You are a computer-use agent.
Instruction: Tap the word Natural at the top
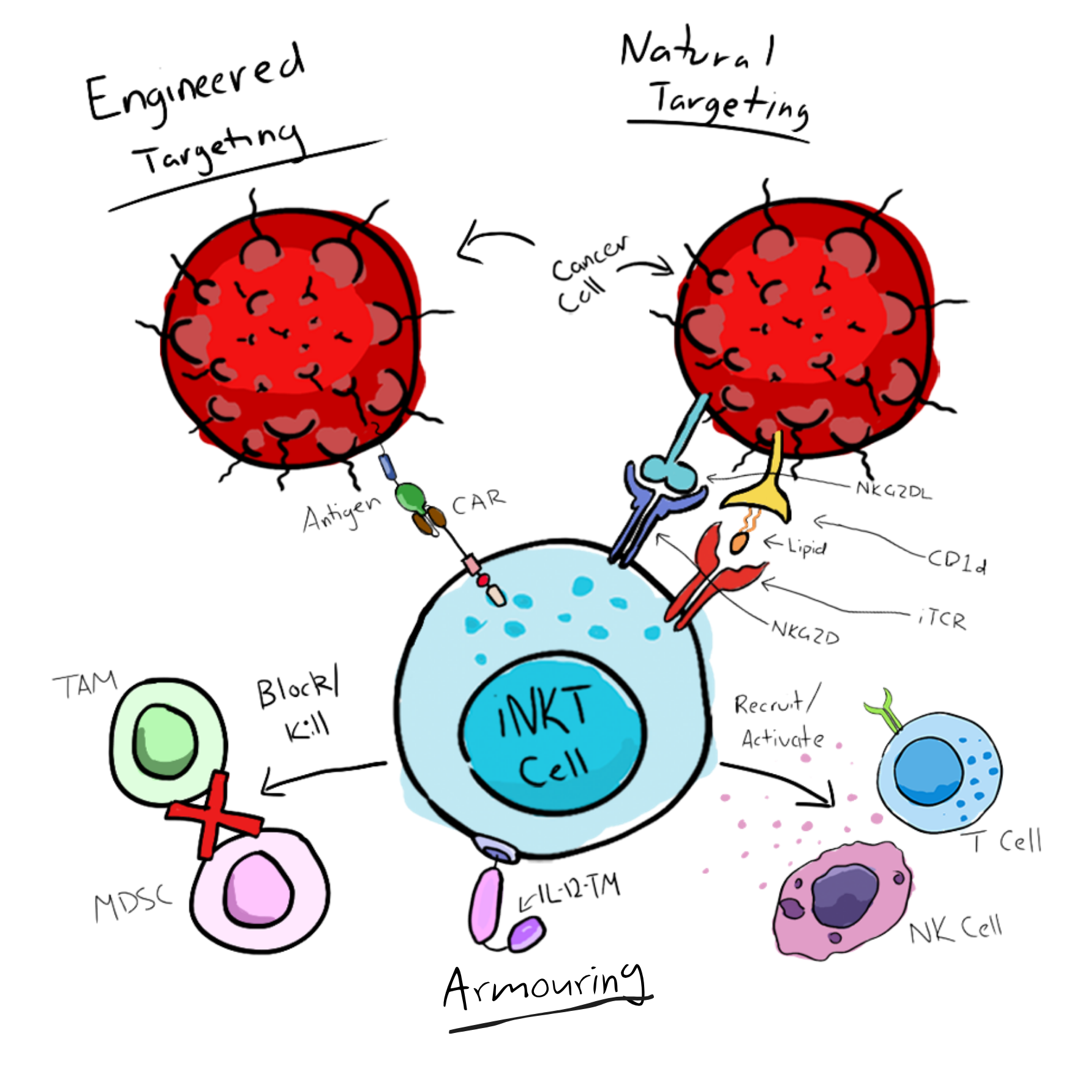(x=697, y=50)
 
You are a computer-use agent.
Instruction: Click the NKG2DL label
(x=893, y=490)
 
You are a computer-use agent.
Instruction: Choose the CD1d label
(x=957, y=562)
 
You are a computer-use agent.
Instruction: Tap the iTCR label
(x=942, y=620)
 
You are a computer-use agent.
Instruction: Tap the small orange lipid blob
(x=740, y=542)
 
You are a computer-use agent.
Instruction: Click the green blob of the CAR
(x=410, y=497)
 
